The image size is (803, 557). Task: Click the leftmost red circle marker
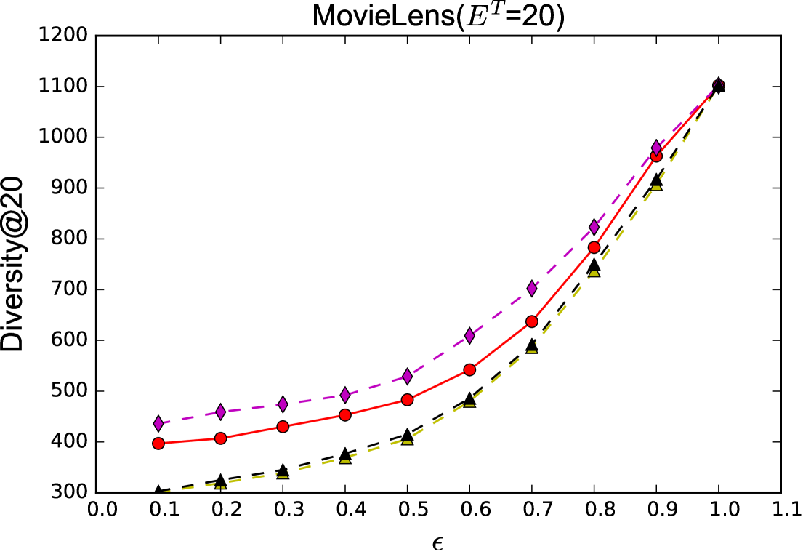[x=158, y=443]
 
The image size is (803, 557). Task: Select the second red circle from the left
[x=221, y=438]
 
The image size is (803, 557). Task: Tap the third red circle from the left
[x=283, y=426]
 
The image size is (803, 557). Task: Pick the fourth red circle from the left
[x=345, y=414]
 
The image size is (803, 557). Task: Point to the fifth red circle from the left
[x=407, y=399]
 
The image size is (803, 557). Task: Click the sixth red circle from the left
[x=469, y=369]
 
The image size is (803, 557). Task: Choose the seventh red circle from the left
[x=532, y=321]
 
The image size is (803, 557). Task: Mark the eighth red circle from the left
[x=594, y=247]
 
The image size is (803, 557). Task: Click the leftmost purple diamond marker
[x=158, y=423]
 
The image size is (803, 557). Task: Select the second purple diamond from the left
[x=221, y=412]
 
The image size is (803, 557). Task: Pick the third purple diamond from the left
[x=283, y=404]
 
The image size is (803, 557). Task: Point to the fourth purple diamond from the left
[x=345, y=395]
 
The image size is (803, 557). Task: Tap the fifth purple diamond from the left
[x=407, y=376]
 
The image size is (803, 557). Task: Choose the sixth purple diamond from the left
[x=469, y=335]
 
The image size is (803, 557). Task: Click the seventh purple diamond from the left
[x=532, y=289]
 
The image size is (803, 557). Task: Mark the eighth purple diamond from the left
[x=594, y=227]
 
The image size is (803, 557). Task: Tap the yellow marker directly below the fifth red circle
[x=407, y=441]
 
